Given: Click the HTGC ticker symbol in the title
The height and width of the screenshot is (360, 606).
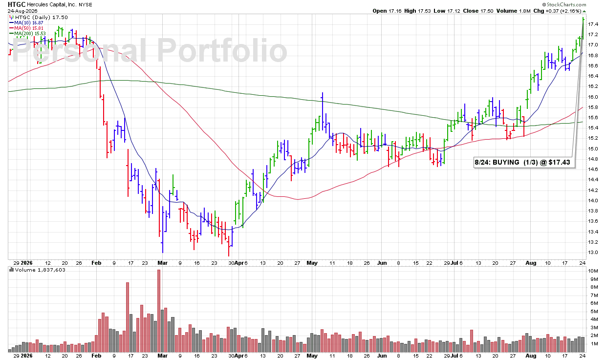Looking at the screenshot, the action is pos(17,4).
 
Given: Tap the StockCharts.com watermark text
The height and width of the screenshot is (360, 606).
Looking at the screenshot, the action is pos(566,4).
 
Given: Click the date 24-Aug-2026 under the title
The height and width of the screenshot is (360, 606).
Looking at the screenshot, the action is pos(22,11).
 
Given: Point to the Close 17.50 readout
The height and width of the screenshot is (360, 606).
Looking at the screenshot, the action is pos(478,11).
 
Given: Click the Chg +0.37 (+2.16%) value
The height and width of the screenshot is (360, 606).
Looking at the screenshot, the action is pos(558,11).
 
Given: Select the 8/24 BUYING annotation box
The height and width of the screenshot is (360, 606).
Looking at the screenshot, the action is pos(524,162).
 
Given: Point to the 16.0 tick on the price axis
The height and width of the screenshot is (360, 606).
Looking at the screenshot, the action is pos(592,97).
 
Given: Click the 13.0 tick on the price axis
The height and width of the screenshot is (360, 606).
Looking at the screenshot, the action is pos(592,253).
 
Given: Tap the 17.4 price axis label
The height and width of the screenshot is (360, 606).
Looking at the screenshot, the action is pos(592,24).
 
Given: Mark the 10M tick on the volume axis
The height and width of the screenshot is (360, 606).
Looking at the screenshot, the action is pos(592,271).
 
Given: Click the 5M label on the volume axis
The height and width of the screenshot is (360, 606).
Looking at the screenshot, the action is pos(592,311).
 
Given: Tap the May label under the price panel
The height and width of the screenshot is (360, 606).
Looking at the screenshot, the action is pos(312,263).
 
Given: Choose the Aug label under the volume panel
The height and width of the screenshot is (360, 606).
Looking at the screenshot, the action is pos(531,356).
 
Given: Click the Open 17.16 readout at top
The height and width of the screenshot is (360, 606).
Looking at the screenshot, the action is pos(387,11).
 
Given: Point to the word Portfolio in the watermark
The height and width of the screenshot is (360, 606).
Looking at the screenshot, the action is pos(222,51).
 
